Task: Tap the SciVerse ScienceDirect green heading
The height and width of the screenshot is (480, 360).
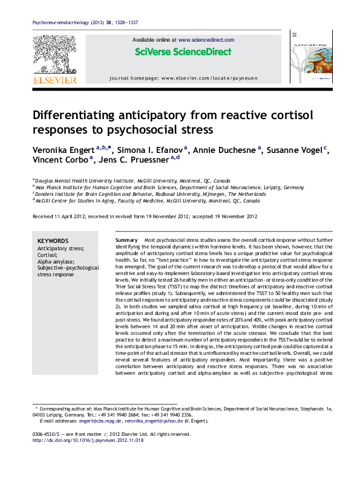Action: [183, 52]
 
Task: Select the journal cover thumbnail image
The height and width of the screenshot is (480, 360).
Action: [312, 59]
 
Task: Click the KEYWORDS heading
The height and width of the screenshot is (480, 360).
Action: [53, 241]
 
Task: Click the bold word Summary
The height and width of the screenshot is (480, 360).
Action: [126, 241]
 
